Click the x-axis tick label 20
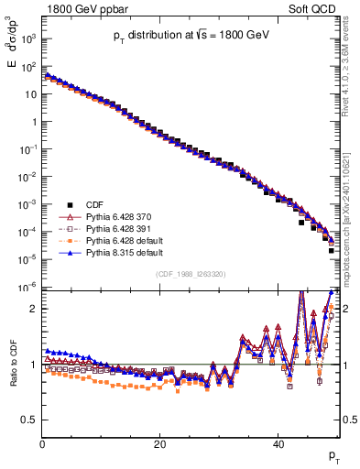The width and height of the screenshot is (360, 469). coord(160,443)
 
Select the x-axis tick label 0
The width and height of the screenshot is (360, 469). coord(42,443)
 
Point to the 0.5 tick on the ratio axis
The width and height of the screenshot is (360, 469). coord(30,420)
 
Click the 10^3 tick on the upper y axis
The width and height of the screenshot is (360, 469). coord(28,39)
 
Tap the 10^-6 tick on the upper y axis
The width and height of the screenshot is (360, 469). coord(28,288)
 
